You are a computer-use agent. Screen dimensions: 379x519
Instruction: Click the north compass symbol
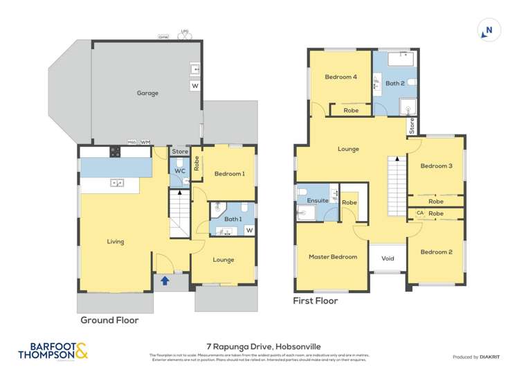(x=487, y=30)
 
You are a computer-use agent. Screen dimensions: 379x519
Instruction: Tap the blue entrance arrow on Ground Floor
(x=165, y=281)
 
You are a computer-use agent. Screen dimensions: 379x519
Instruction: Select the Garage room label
(x=147, y=93)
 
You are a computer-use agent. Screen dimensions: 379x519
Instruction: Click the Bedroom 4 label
(x=341, y=77)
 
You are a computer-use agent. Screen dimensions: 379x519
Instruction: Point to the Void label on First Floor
(x=388, y=258)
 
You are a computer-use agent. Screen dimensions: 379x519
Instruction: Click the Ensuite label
(x=309, y=201)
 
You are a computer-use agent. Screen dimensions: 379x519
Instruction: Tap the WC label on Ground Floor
(x=179, y=170)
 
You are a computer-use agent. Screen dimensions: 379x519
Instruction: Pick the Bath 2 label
(x=395, y=83)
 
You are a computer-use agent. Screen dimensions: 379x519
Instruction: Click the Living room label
(x=116, y=242)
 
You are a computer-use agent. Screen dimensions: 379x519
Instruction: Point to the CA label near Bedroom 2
(x=419, y=213)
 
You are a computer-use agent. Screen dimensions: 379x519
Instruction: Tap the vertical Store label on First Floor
(x=412, y=126)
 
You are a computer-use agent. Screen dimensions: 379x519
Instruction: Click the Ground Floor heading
(x=109, y=320)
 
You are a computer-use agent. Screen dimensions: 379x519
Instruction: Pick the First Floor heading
(x=315, y=301)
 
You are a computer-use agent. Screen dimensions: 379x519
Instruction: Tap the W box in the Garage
(x=195, y=86)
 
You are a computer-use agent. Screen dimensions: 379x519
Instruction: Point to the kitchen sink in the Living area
(x=117, y=182)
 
